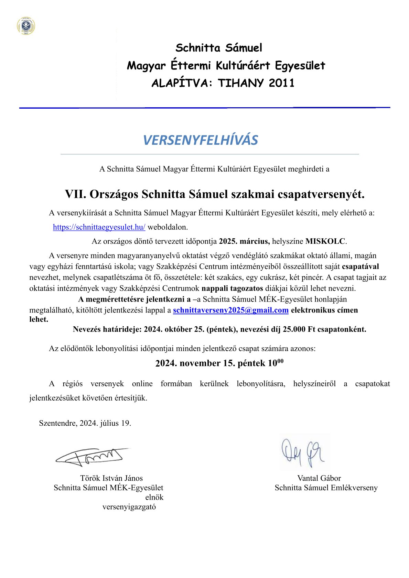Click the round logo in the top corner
click(26, 26)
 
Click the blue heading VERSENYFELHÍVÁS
click(201, 140)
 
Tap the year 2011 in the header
click(282, 83)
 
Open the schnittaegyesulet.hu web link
click(99, 227)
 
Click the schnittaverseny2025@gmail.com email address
click(230, 310)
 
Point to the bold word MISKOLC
click(325, 241)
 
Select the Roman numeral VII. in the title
click(75, 194)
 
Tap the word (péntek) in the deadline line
click(222, 329)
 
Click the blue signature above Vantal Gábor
click(302, 452)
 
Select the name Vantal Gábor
click(319, 478)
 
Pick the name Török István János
click(111, 478)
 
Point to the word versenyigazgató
click(129, 507)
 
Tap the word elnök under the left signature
click(154, 497)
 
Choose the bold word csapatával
click(360, 266)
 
